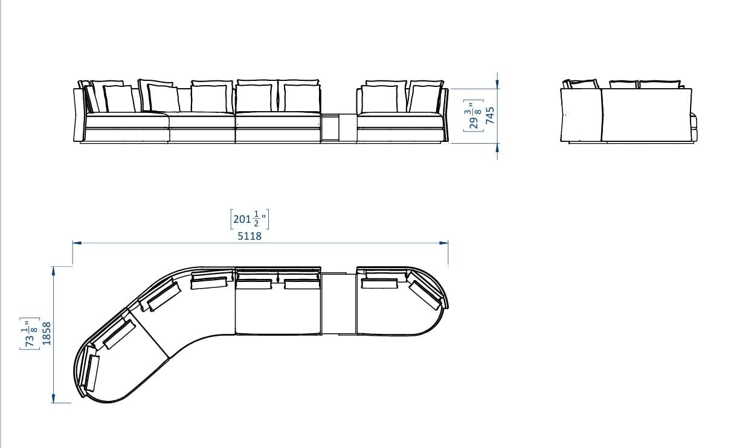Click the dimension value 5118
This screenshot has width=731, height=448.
(250, 235)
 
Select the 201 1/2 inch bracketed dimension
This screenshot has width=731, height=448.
(250, 219)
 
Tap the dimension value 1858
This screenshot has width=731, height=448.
(47, 333)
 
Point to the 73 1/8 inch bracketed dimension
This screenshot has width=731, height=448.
(30, 333)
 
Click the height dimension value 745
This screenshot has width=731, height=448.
(490, 116)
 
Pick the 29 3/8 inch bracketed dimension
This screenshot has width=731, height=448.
(474, 116)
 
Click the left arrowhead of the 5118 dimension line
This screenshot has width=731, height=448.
(77, 243)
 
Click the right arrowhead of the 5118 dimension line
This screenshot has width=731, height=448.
(444, 243)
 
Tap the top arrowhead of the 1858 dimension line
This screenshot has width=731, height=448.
(53, 271)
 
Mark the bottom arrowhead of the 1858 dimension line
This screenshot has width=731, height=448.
(53, 398)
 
